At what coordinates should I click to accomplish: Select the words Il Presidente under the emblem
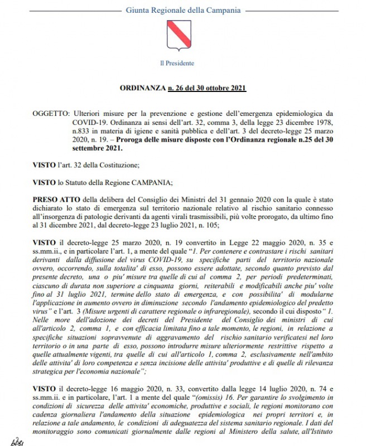click(x=177, y=63)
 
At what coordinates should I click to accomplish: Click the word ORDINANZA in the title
click(x=143, y=88)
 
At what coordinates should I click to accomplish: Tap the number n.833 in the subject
click(x=83, y=131)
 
